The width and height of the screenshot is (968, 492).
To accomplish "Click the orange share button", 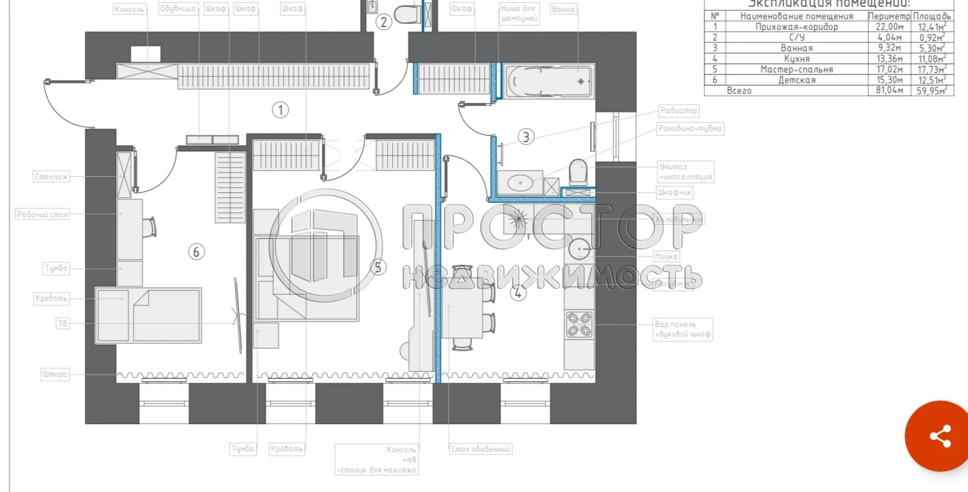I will [x=940, y=436].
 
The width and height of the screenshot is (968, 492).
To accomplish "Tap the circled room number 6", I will [x=196, y=252].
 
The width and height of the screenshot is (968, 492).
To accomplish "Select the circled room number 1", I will [x=280, y=110].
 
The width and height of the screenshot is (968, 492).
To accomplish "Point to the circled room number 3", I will [x=526, y=137].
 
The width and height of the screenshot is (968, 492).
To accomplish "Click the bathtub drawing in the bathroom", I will [x=548, y=81].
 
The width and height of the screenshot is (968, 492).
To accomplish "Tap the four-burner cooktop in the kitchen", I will [x=579, y=324].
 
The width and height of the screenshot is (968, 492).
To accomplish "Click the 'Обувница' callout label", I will [x=178, y=8].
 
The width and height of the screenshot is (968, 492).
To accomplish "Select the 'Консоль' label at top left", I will [x=129, y=9].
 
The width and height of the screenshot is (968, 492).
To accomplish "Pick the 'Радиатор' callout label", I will [x=678, y=111].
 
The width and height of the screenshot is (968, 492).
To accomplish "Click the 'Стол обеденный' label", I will [x=480, y=449].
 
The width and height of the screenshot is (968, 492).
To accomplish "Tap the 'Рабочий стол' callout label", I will [x=42, y=214].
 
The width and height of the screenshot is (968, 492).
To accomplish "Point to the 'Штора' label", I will [x=54, y=375].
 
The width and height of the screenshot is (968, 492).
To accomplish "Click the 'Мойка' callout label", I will [x=665, y=257].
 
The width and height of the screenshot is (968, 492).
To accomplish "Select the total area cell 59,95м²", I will [x=932, y=91].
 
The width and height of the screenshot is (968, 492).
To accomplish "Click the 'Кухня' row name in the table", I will [x=796, y=59].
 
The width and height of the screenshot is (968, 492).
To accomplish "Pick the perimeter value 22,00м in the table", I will [x=889, y=27].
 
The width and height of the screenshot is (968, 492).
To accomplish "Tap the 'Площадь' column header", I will [x=932, y=16].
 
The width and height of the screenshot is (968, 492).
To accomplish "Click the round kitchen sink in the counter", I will [x=580, y=248].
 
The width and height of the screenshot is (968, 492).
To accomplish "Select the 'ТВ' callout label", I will [x=62, y=324].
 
